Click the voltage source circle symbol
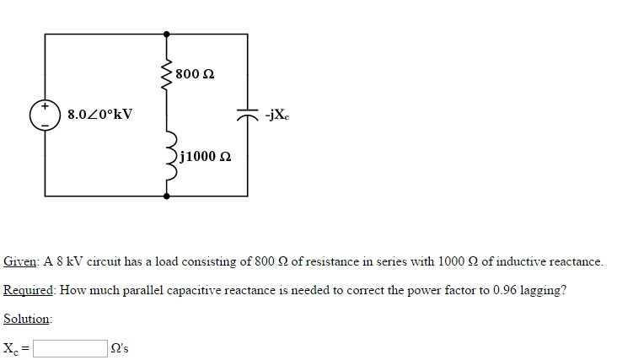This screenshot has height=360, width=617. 43,115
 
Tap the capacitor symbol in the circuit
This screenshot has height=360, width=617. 247,116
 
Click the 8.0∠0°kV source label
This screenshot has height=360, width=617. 99,114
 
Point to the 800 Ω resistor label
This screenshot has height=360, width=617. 196,75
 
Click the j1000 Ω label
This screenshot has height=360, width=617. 205,157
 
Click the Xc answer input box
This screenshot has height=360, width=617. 69,347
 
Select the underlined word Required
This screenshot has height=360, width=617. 29,290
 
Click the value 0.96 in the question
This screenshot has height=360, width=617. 506,290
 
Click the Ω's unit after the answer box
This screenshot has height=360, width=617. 121,347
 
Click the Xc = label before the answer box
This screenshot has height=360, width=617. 16,347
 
